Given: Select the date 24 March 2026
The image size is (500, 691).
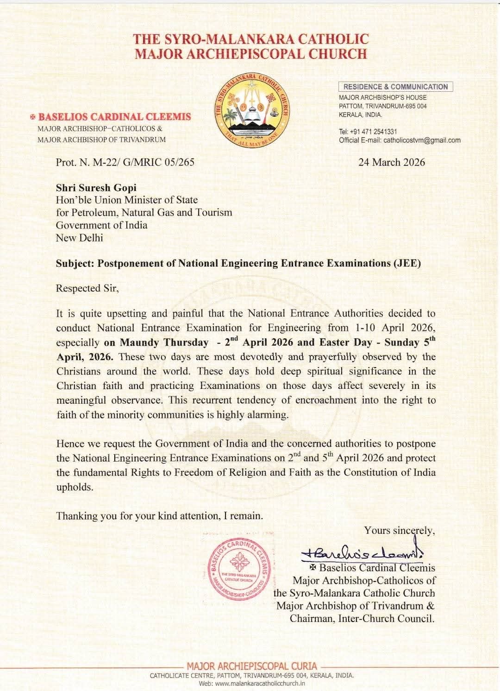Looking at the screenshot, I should [392, 162].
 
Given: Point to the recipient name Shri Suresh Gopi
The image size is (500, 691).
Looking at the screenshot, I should [96, 188].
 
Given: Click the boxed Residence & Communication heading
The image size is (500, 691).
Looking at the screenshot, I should [395, 87].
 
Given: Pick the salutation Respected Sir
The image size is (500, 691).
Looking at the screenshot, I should [87, 288].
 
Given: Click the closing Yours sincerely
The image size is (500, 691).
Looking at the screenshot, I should [400, 530].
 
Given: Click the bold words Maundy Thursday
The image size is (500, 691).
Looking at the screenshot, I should [164, 342].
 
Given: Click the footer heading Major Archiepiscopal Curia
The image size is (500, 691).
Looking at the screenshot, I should [252, 666].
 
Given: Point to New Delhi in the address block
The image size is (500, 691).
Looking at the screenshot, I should [80, 238].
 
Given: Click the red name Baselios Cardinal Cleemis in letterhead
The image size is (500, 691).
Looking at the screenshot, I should [114, 116].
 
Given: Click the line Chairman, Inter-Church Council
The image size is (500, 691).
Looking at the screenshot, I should [362, 618].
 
